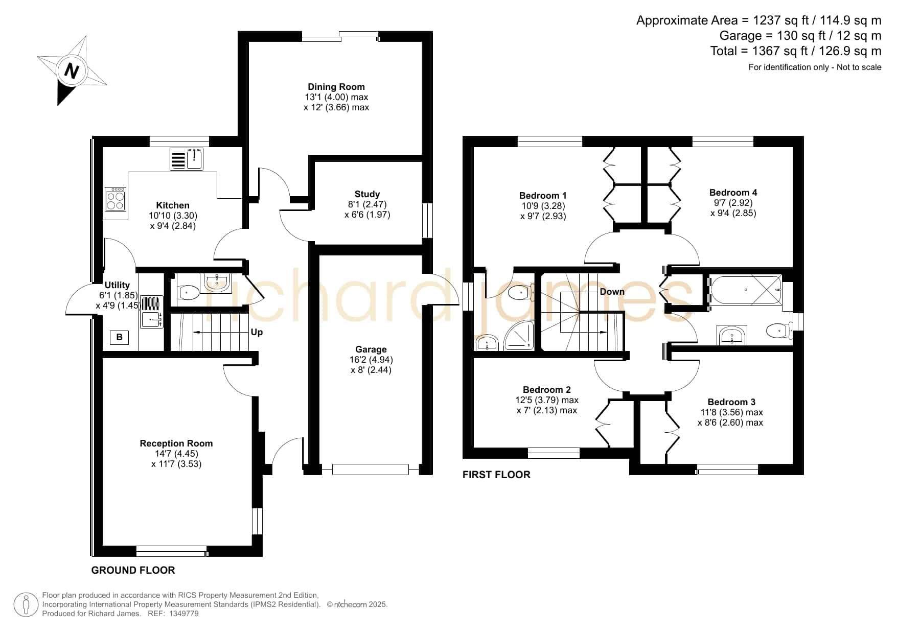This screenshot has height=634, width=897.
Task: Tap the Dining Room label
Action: click(336, 87)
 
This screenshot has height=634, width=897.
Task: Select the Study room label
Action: click(367, 194)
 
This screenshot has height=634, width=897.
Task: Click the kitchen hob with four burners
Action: click(116, 199)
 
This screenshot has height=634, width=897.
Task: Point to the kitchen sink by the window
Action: click(187, 158)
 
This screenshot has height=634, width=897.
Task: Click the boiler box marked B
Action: click(119, 337)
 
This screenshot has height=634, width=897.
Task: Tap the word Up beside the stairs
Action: click(257, 332)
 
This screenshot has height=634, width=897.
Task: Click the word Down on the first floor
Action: click(612, 292)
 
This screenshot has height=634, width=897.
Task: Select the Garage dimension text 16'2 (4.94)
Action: click(371, 360)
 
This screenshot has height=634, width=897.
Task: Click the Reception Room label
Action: click(176, 443)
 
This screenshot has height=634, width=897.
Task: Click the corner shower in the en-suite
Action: click(519, 336)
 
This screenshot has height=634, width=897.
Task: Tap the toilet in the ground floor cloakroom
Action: click(189, 293)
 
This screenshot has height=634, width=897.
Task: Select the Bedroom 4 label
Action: click(733, 193)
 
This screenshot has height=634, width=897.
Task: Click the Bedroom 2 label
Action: click(547, 390)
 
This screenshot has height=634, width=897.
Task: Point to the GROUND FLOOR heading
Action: click(133, 570)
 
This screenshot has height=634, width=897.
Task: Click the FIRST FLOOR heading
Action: click(496, 475)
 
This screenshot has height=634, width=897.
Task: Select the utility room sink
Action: click(152, 312)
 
